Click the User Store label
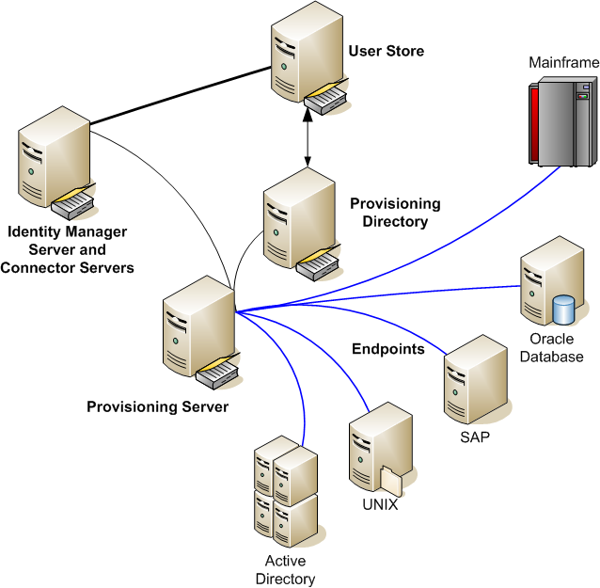tap(386, 51)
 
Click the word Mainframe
tap(562, 63)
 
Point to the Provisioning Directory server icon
tap(294, 222)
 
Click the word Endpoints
tap(388, 349)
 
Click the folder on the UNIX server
tap(393, 479)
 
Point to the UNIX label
tap(380, 504)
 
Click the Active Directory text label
tap(285, 570)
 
